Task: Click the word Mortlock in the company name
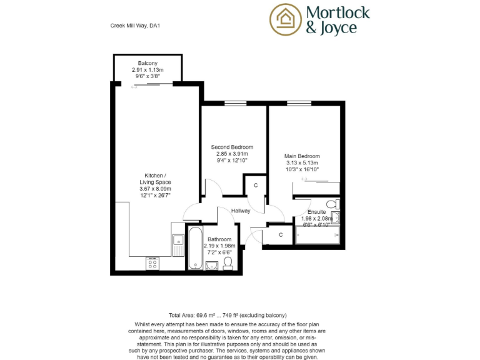(x=338, y=12)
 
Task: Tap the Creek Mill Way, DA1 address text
(x=136, y=26)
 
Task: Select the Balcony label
(x=147, y=63)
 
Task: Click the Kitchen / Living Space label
(x=155, y=176)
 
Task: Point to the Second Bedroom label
(x=232, y=147)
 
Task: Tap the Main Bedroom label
(x=302, y=156)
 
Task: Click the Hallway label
(x=241, y=211)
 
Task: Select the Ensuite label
(x=317, y=212)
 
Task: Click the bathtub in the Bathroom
(x=194, y=247)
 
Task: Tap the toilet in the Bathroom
(x=228, y=264)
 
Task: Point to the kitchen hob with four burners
(x=152, y=263)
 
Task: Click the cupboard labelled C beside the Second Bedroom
(x=256, y=186)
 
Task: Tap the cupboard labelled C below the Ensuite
(x=281, y=235)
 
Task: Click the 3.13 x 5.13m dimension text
(x=302, y=162)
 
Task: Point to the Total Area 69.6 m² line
(x=227, y=316)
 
